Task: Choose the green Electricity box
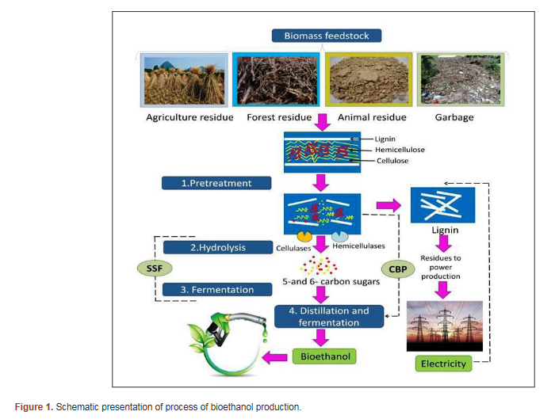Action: tap(442, 364)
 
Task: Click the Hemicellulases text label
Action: tap(359, 246)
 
